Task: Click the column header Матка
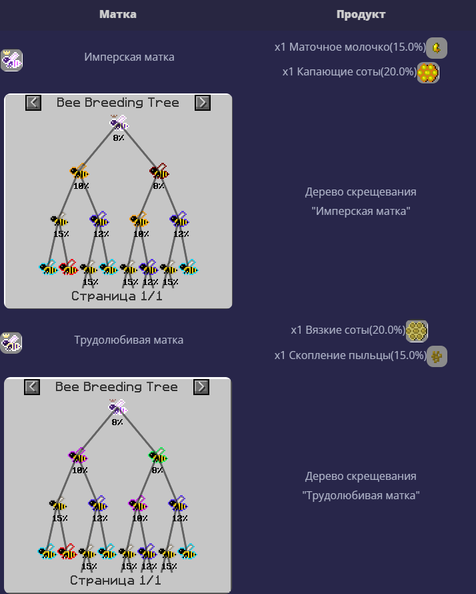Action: coord(117,14)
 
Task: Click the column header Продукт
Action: coord(361,14)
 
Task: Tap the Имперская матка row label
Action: coord(129,57)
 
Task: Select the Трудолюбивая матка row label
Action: coord(129,340)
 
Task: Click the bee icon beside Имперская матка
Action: coord(12,60)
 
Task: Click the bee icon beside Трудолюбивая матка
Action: coord(11,342)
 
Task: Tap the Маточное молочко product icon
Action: coord(437,47)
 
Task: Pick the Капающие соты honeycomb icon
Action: coord(428,72)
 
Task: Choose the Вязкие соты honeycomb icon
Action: coord(417,330)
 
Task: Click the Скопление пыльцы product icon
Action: coord(437,356)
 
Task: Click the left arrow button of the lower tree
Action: coord(32,387)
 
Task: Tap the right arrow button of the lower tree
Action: coord(201,387)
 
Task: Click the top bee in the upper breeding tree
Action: coord(119,123)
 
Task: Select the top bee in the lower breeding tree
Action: coord(118,407)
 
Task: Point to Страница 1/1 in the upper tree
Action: coord(117,296)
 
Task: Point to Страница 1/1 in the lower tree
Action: coord(115,581)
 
